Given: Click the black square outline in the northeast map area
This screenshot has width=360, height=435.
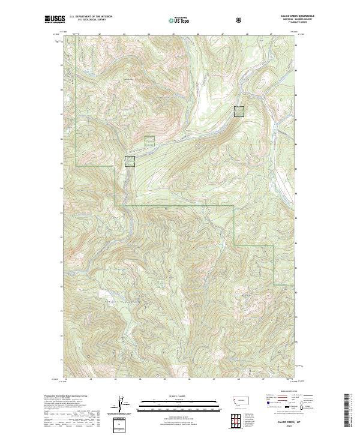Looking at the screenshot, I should point(239,111).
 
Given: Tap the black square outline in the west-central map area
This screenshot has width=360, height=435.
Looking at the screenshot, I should point(130,161).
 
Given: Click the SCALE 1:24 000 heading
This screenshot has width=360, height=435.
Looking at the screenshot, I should point(179,397).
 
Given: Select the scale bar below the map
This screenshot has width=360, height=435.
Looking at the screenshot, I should point(179,405).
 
